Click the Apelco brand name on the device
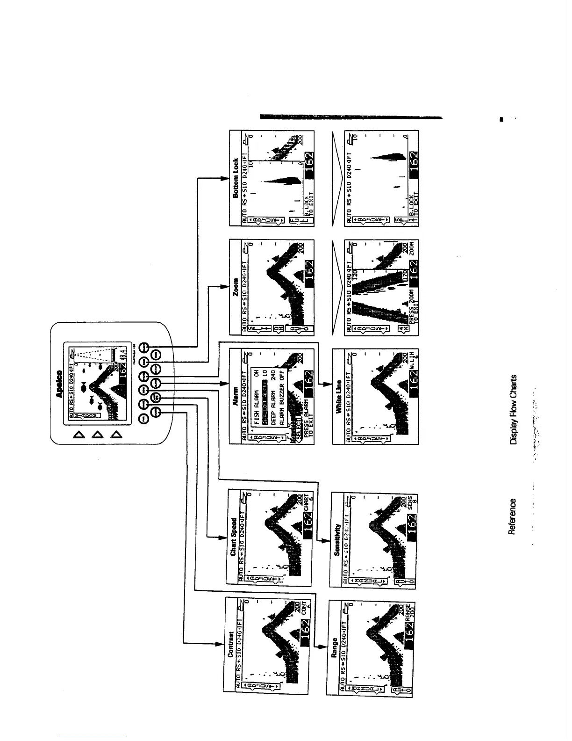[x=59, y=384]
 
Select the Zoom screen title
[x=236, y=287]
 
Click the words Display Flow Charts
[x=514, y=409]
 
